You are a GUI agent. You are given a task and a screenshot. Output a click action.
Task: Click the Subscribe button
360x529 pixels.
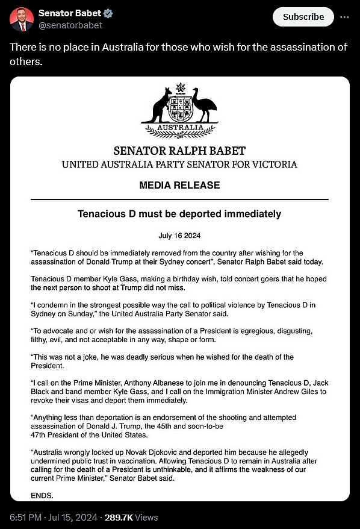(x=303, y=17)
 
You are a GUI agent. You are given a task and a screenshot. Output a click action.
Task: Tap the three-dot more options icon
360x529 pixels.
(x=344, y=17)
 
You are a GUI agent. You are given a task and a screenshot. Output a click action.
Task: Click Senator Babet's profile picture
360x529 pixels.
(x=21, y=19)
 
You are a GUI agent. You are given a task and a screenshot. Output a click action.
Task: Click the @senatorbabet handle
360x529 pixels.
(x=70, y=25)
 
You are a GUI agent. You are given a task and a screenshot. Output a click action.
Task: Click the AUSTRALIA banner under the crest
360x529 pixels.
(x=180, y=128)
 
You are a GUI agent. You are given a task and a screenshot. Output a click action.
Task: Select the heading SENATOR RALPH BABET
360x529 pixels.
(x=179, y=151)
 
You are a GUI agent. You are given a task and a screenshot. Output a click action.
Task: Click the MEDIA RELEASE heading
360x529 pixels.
(x=179, y=185)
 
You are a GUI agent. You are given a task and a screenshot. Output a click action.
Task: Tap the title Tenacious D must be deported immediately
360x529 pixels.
(x=179, y=214)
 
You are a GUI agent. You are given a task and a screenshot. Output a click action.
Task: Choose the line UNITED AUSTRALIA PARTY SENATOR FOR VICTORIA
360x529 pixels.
(x=179, y=164)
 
